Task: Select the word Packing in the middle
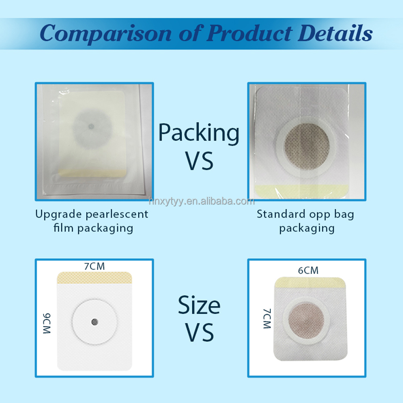[x=198, y=133]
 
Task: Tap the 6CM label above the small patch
[x=308, y=270]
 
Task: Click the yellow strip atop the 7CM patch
[x=95, y=278]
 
